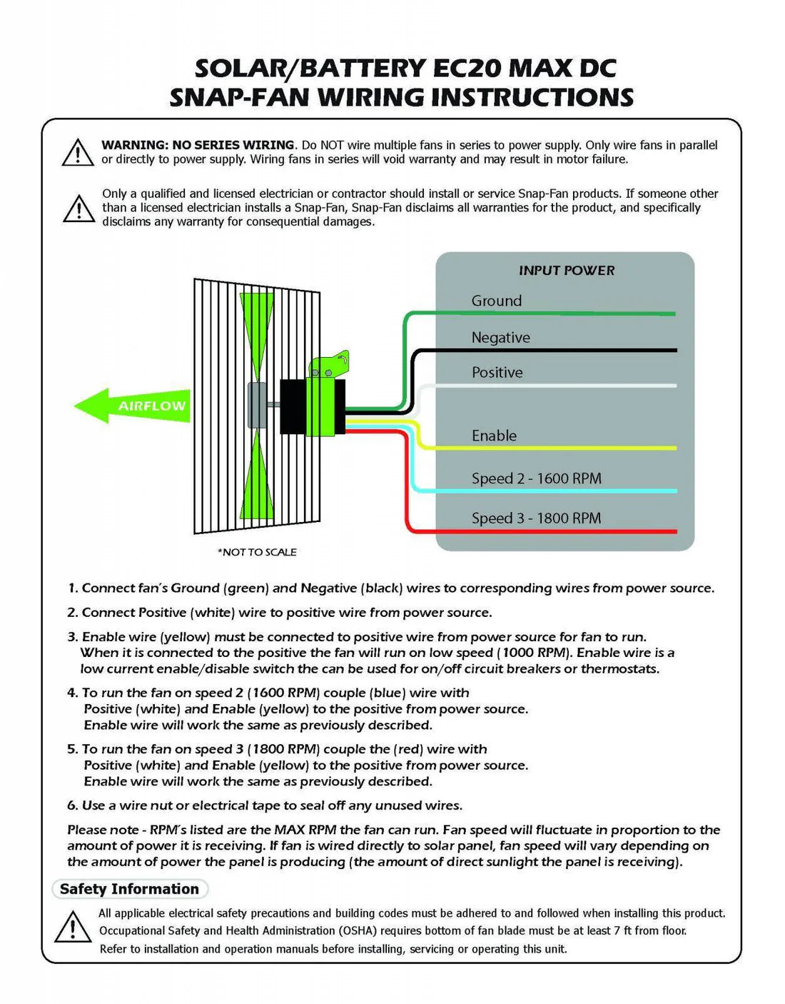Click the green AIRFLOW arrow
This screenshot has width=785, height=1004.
click(132, 406)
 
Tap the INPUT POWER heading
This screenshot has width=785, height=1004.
click(567, 271)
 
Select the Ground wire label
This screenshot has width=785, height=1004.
click(497, 301)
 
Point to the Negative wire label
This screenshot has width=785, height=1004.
click(500, 338)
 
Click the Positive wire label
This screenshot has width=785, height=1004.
click(497, 372)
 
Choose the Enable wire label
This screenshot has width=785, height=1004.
click(494, 436)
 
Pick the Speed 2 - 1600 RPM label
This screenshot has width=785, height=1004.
click(536, 478)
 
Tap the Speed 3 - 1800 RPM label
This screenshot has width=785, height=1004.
click(536, 518)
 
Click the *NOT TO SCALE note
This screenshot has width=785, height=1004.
click(257, 552)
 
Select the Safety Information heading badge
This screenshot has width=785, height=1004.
click(130, 889)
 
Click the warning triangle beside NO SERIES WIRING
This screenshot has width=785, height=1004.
click(78, 152)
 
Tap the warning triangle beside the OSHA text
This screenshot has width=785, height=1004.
click(72, 928)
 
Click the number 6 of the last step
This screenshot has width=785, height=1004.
click(71, 805)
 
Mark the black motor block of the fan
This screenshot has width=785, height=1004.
click(293, 406)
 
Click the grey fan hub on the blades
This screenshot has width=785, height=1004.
click(256, 405)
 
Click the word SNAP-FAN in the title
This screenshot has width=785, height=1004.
click(239, 97)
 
